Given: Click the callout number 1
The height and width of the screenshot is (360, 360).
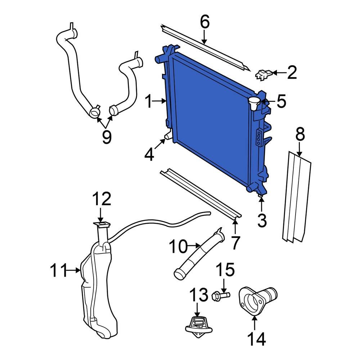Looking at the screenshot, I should tap(148, 102).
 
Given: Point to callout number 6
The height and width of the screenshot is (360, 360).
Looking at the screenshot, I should tap(204, 22).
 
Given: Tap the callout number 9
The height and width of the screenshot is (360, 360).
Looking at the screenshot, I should tap(107, 137).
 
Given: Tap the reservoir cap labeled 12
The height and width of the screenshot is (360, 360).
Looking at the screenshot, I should tap(101, 226).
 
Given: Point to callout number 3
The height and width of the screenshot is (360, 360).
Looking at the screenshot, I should tap(262, 220).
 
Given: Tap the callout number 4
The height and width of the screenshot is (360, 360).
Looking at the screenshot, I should tap(149, 155).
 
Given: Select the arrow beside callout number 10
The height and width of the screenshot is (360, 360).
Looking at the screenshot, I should tap(195, 246).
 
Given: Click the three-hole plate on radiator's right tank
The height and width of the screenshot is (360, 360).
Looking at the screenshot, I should tap(258, 138).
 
